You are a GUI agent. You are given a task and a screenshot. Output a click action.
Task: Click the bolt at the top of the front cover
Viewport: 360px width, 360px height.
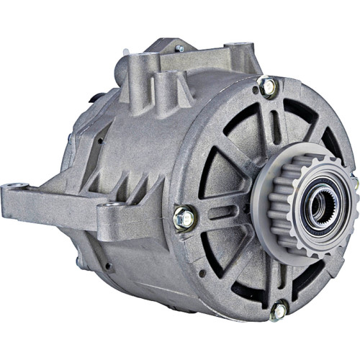coord(268,87)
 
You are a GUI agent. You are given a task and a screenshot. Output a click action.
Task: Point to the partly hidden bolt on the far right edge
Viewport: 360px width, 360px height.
coord(354,183)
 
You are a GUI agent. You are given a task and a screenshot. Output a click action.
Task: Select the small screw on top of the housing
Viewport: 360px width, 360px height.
coord(179,49)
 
